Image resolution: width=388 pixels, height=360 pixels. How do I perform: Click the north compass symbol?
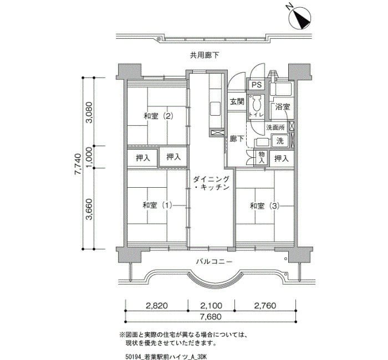click(x=300, y=18)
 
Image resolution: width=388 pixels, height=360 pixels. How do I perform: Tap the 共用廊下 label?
click(x=205, y=55)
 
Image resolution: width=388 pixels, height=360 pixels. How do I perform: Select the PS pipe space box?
click(x=257, y=85)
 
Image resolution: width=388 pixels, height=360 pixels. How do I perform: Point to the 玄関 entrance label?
click(x=237, y=101)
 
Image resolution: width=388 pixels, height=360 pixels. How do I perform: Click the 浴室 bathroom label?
click(x=283, y=107)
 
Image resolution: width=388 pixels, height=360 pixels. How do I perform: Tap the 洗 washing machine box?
click(x=280, y=141)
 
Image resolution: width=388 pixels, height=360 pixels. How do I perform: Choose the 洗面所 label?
click(x=275, y=127)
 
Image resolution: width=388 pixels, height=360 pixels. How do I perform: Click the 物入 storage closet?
click(x=262, y=157)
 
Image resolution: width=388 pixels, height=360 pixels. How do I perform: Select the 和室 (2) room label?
click(x=158, y=116)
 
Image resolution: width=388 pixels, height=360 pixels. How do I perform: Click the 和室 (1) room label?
click(x=157, y=205)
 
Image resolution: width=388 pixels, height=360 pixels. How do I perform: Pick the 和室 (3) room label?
click(x=264, y=205)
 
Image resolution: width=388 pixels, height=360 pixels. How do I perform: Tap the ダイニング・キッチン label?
click(x=211, y=183)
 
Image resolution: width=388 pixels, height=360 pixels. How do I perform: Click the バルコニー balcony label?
click(x=215, y=261)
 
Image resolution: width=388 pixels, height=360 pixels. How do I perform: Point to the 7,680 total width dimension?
click(x=211, y=316)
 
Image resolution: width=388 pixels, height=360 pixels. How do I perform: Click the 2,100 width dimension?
click(x=211, y=306)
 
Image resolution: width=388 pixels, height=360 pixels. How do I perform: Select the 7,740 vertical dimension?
click(x=78, y=164)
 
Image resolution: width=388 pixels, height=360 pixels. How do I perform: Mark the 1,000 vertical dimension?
click(x=89, y=157)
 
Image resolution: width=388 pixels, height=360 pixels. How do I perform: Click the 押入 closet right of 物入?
click(x=282, y=158)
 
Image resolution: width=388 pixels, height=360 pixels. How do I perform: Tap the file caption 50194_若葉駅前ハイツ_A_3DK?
click(x=166, y=356)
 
